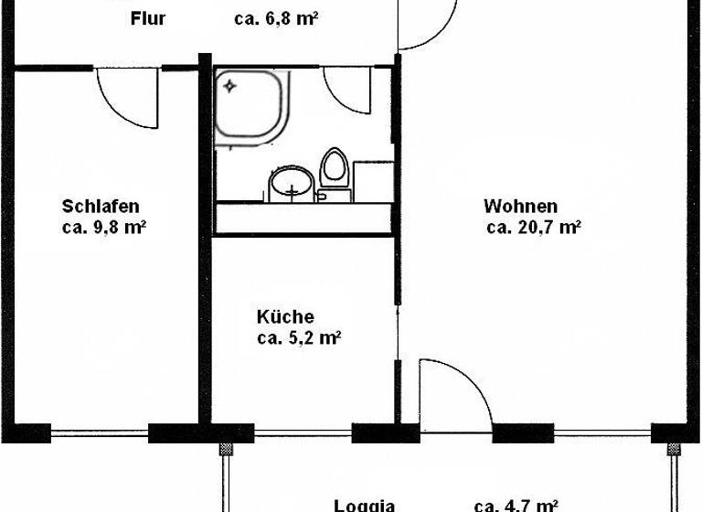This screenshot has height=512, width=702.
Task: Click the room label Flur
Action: tap(148, 18)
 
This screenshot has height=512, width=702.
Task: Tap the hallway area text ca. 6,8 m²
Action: tap(275, 18)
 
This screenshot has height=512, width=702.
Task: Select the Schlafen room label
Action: tap(101, 206)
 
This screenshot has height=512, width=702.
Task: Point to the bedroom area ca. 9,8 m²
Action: tap(105, 228)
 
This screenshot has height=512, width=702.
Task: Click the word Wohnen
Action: tap(521, 206)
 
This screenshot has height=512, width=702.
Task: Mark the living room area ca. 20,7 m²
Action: tap(535, 228)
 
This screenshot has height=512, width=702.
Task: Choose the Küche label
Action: tap(285, 317)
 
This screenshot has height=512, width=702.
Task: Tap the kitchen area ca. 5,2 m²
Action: tap(299, 338)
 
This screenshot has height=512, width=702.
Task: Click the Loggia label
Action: tap(364, 504)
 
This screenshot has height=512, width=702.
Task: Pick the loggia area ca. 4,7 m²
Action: tap(516, 504)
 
